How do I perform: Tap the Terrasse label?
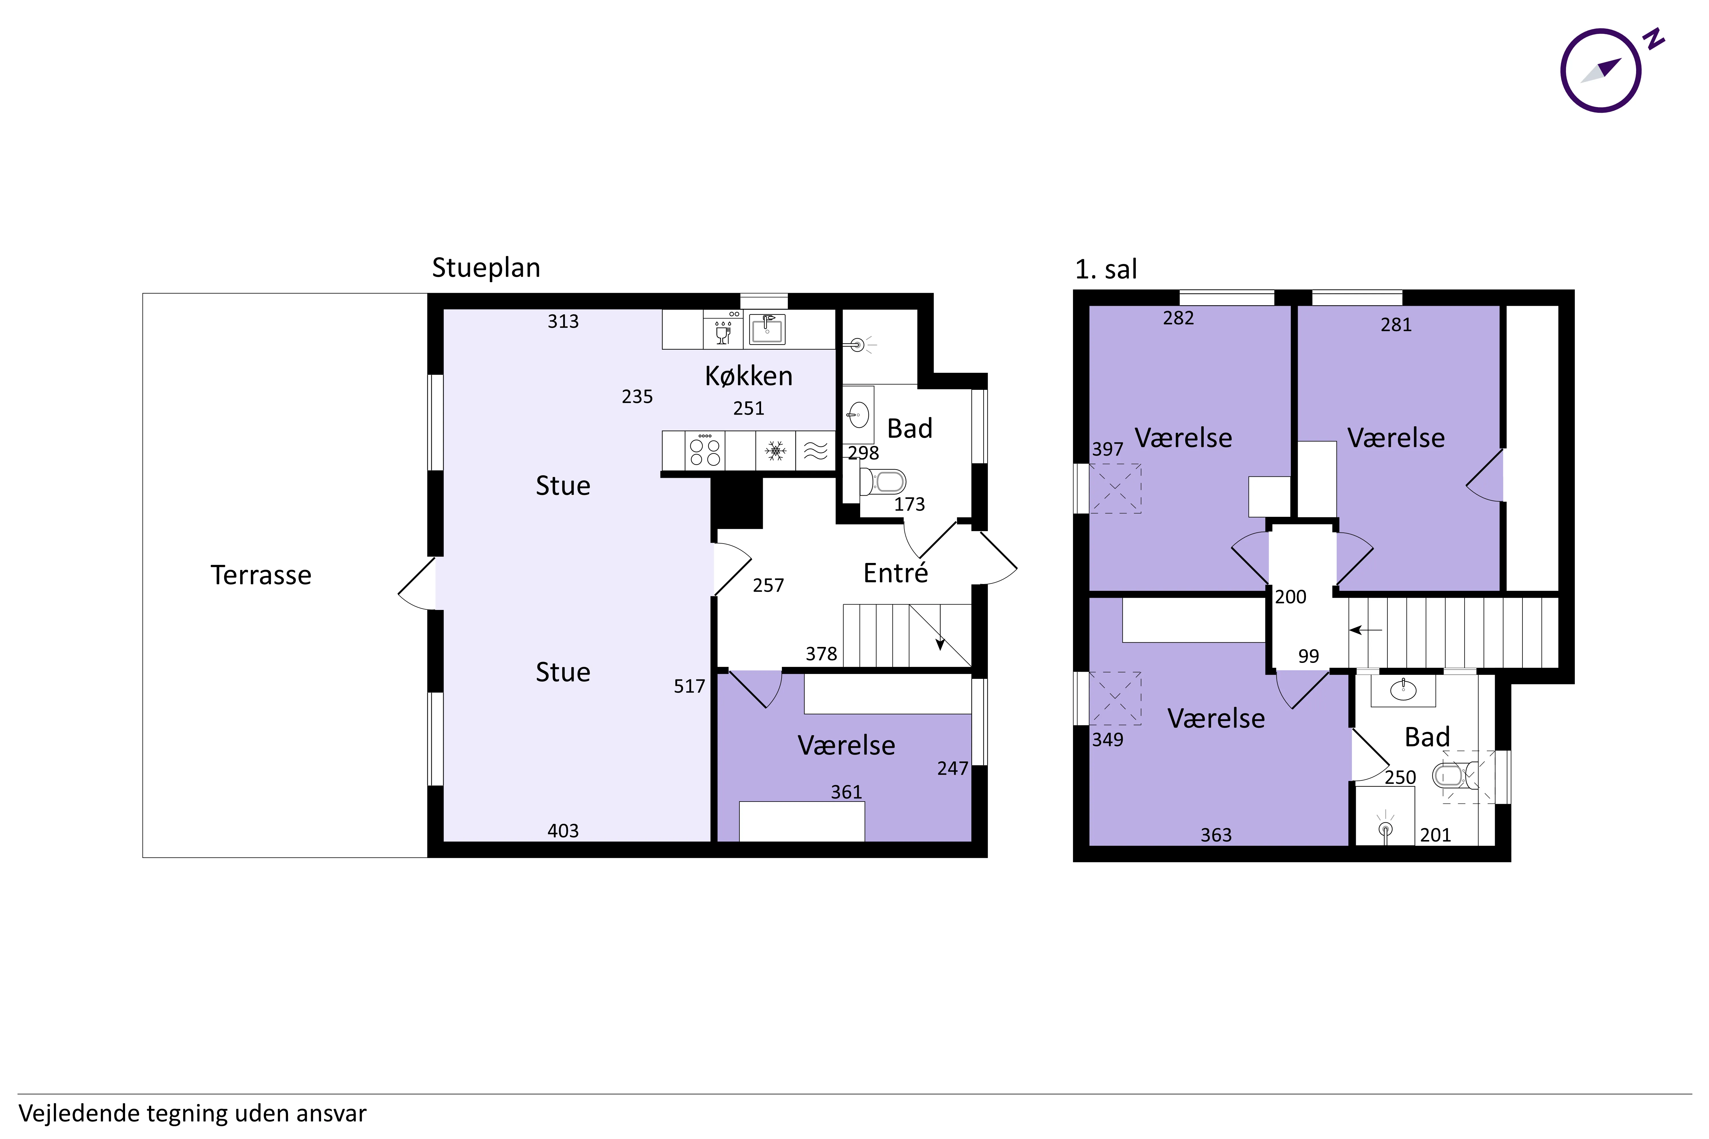[261, 575]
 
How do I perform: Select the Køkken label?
[749, 376]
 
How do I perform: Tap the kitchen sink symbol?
[766, 329]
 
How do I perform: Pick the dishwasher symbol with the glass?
[723, 330]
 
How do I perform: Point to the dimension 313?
[563, 321]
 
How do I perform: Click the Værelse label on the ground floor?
[847, 745]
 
